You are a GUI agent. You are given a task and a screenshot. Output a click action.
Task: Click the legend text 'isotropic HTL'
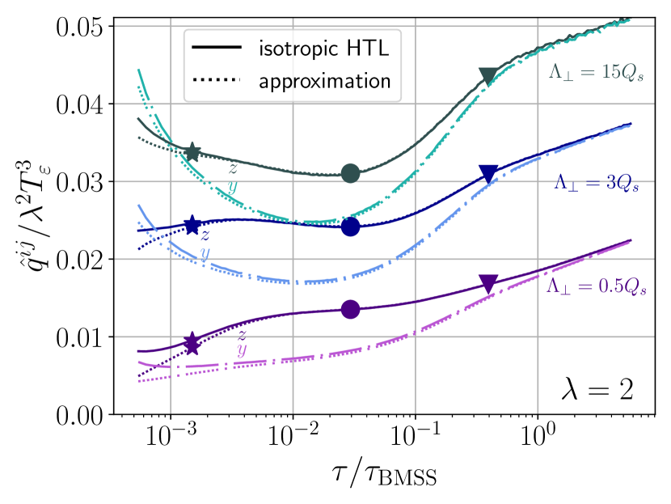(323, 48)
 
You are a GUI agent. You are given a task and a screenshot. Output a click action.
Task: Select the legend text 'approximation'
(324, 81)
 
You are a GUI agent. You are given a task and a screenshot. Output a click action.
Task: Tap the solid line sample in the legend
(217, 48)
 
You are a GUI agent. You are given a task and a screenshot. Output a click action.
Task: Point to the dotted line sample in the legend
(217, 81)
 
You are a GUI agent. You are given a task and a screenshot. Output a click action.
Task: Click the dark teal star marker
(192, 152)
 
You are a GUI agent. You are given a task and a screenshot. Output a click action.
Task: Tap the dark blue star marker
(192, 226)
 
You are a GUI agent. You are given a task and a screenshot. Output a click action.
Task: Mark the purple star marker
(192, 344)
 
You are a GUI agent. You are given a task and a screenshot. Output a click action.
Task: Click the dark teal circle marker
(350, 173)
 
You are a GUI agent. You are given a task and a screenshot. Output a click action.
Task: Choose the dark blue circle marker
(350, 227)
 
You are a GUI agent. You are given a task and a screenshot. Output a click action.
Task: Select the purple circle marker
(350, 309)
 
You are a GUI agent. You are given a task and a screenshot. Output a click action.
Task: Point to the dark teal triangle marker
(487, 75)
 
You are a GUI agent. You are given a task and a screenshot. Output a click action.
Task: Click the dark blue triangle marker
(487, 172)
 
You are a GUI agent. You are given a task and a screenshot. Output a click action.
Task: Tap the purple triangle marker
(487, 282)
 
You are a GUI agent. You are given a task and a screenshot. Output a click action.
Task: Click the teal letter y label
(233, 187)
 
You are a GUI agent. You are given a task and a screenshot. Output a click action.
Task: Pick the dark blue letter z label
(205, 235)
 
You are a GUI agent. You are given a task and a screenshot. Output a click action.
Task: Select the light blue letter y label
(205, 252)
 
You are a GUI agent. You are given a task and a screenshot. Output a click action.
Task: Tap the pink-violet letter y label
(241, 350)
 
